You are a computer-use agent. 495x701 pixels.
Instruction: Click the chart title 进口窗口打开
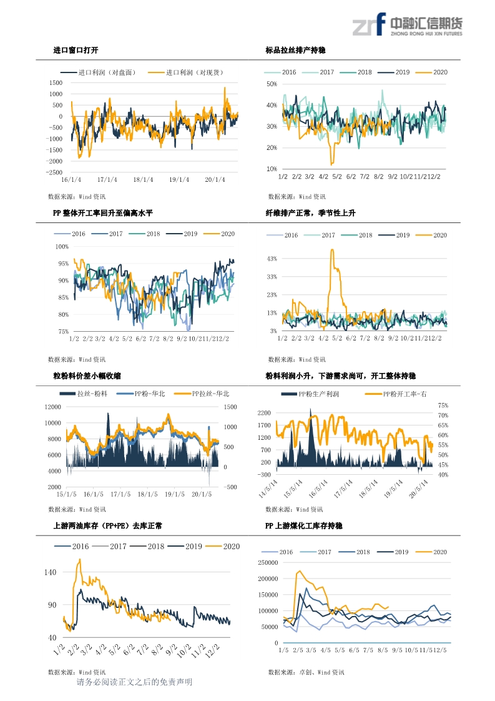point(76,50)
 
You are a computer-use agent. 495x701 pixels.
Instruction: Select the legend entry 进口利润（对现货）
point(194,72)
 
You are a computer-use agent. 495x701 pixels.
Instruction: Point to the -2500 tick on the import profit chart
point(54,172)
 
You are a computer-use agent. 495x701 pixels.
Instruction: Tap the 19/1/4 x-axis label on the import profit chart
point(179,180)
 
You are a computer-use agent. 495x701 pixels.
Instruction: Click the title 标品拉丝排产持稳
point(295,50)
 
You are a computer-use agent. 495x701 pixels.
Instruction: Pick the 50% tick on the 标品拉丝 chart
point(272,84)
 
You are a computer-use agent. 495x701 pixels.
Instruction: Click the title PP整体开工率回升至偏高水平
point(103,213)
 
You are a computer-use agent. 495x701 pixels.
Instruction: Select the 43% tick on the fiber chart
point(272,258)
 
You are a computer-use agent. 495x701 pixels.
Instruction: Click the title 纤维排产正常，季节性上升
point(310,213)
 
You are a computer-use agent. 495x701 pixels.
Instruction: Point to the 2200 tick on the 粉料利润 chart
point(265,414)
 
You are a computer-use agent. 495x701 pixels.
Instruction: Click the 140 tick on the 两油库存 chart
point(51,572)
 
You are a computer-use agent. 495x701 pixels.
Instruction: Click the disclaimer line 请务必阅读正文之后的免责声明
point(134,682)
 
